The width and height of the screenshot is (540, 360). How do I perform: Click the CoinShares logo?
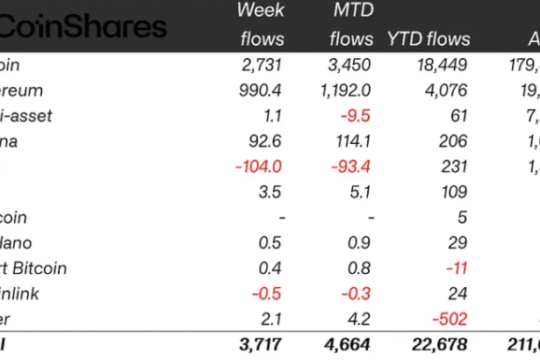[x=83, y=25]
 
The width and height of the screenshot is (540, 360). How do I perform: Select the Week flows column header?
[x=262, y=25]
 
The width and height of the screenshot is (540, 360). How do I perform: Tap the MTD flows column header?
[x=351, y=25]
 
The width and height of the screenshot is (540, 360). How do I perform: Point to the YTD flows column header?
[x=428, y=39]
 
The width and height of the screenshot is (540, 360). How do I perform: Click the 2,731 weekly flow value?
[x=263, y=65]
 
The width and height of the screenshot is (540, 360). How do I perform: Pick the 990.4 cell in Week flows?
[x=262, y=90]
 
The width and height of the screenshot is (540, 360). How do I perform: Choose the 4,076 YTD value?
[x=448, y=90]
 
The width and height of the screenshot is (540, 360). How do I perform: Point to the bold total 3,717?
[x=261, y=345]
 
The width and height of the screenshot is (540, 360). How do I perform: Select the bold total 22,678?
[x=438, y=345]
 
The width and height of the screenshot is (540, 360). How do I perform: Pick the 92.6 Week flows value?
[x=267, y=141]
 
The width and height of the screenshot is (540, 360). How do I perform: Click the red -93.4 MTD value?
[x=351, y=167]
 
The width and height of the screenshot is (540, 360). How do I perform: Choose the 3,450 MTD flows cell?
[x=350, y=65]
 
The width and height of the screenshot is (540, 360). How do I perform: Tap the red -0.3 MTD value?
[x=356, y=294]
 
